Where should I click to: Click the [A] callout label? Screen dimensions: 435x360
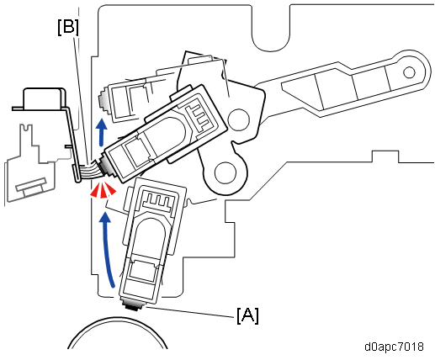tap(247, 315)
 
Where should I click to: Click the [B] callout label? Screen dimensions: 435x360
tap(68, 28)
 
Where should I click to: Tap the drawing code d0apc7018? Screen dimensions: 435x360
tap(394, 347)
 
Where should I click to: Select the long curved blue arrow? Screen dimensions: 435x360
tap(108, 246)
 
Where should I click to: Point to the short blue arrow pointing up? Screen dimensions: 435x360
tap(102, 132)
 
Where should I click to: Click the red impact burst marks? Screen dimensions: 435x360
tap(103, 190)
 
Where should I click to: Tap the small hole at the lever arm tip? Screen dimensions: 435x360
tap(409, 72)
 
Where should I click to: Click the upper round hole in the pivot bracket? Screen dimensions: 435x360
tap(238, 120)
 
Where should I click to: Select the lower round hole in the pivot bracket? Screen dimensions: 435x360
tap(225, 172)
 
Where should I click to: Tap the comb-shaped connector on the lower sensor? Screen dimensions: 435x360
tap(156, 199)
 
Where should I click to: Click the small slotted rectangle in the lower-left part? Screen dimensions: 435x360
tap(31, 186)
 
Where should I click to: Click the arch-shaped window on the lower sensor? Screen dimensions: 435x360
tap(147, 235)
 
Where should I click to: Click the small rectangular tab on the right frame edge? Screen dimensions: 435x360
tap(385, 156)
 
